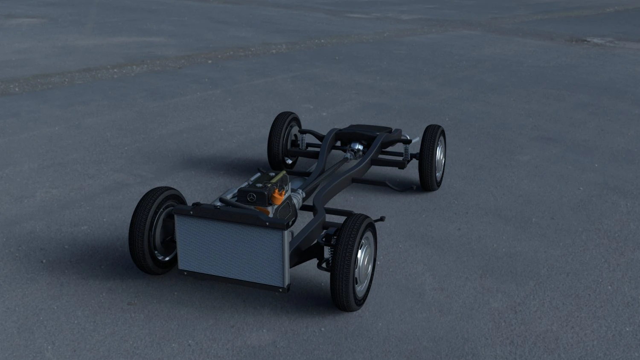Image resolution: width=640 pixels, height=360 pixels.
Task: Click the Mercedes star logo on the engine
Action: pos(252,197)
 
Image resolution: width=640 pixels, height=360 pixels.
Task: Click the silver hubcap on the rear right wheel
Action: pos(439,159)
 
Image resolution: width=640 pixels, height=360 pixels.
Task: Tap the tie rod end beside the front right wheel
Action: pos(381,219)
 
